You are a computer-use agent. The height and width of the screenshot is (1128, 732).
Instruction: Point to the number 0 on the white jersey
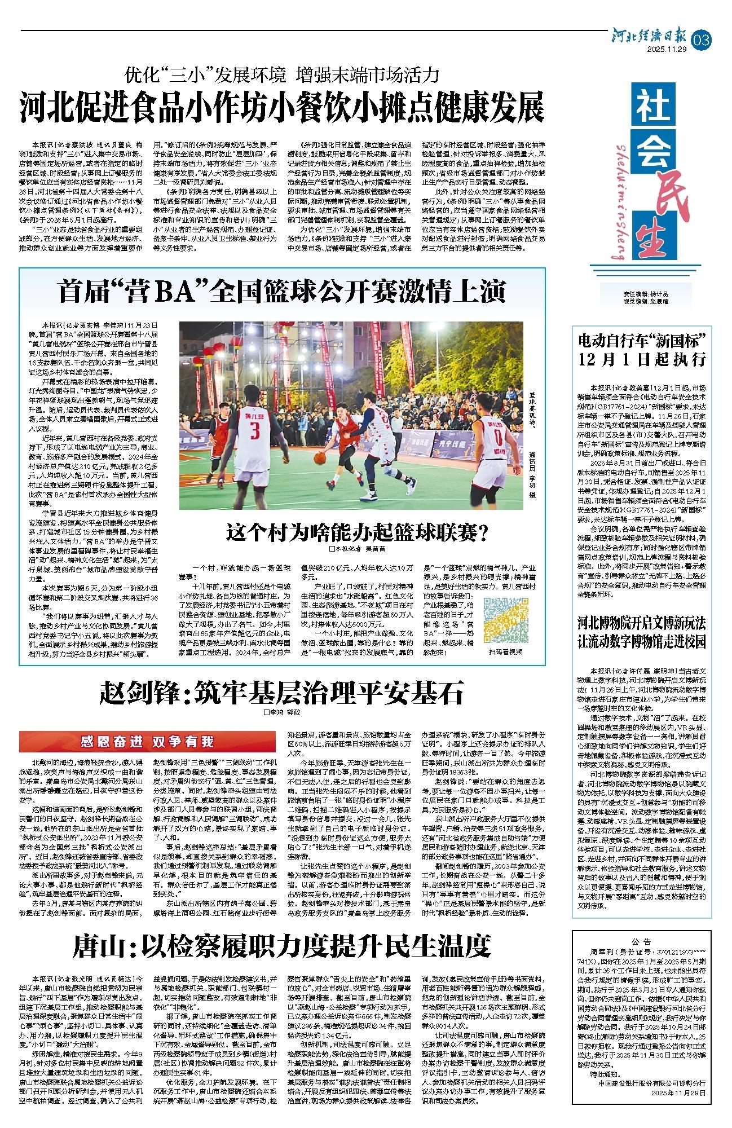(x=498, y=437)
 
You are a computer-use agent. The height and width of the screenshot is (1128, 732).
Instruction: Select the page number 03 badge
(x=704, y=41)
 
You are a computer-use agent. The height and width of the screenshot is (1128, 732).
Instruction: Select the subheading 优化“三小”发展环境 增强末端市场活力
(x=281, y=74)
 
